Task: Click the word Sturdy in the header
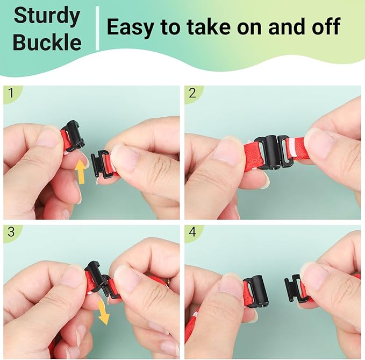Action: pyautogui.click(x=47, y=16)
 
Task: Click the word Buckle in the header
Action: pyautogui.click(x=47, y=42)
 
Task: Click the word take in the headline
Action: pyautogui.click(x=209, y=26)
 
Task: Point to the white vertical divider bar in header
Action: pyautogui.click(x=97, y=28)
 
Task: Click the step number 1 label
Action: pyautogui.click(x=11, y=93)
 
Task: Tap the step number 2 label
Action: pyautogui.click(x=192, y=93)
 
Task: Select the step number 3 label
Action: pyautogui.click(x=11, y=232)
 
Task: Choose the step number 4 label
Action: pyautogui.click(x=192, y=232)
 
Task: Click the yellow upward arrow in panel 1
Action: pyautogui.click(x=80, y=172)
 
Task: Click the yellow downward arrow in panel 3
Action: pyautogui.click(x=103, y=313)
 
